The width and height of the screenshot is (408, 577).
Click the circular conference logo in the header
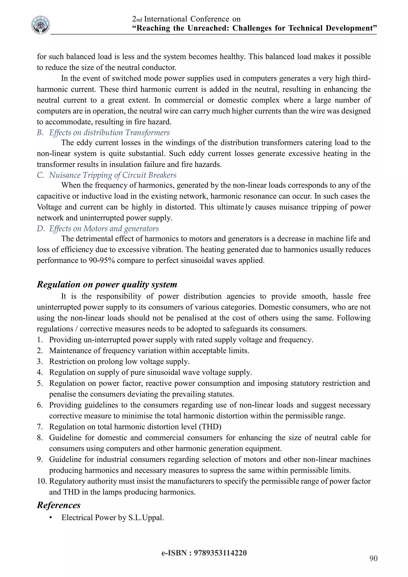tap(41, 25)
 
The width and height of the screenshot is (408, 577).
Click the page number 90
tap(373, 558)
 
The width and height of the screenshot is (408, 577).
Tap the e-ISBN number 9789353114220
tap(220, 553)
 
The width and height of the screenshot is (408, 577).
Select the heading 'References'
tap(59, 505)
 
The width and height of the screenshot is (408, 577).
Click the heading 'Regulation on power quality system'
tap(107, 285)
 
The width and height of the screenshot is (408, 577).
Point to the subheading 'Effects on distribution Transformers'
tap(109, 133)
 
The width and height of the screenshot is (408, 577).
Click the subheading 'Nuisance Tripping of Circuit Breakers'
tap(113, 175)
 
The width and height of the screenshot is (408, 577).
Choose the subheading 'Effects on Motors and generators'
tap(104, 229)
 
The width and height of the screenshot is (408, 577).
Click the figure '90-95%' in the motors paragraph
tap(102, 260)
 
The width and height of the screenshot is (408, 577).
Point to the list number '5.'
tap(40, 383)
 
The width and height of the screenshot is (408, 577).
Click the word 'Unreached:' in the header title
tap(209, 28)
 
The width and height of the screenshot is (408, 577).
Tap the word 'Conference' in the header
tap(210, 19)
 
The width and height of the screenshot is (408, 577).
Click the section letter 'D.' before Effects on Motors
tap(41, 229)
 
